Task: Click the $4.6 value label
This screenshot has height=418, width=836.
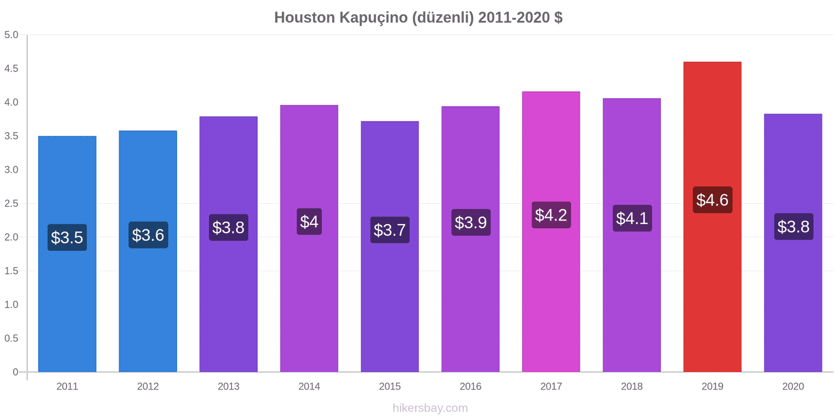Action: coord(712,200)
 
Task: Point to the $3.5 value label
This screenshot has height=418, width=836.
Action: coord(67,237)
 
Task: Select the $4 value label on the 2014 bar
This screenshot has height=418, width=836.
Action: coord(309,222)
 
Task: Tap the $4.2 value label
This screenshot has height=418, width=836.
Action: coord(551,215)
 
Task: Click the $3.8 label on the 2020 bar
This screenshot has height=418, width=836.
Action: coord(793,226)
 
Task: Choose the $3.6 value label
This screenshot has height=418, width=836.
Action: coord(148,235)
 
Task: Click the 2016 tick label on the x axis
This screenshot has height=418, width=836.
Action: coord(470,386)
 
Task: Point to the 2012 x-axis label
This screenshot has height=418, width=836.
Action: coord(148,386)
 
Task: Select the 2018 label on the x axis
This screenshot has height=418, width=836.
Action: coord(632,386)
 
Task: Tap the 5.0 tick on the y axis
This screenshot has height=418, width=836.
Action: coord(11,35)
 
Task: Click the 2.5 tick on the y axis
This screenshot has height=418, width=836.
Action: coord(11,203)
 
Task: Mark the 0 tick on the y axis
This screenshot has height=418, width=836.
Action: coord(16,372)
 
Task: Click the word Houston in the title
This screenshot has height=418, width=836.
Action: coord(305,17)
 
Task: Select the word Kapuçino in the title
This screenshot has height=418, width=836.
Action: coord(374,17)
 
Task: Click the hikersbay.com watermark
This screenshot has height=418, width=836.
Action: coord(430,408)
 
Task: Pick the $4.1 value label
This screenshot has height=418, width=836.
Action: coord(632,218)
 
